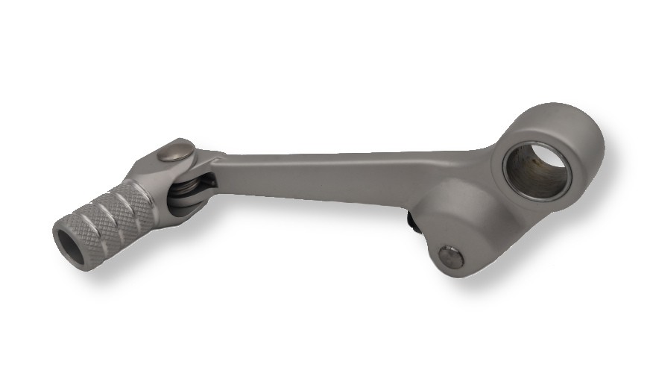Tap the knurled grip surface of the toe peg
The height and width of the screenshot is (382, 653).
[112, 216]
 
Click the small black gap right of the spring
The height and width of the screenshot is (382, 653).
[211, 181]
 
